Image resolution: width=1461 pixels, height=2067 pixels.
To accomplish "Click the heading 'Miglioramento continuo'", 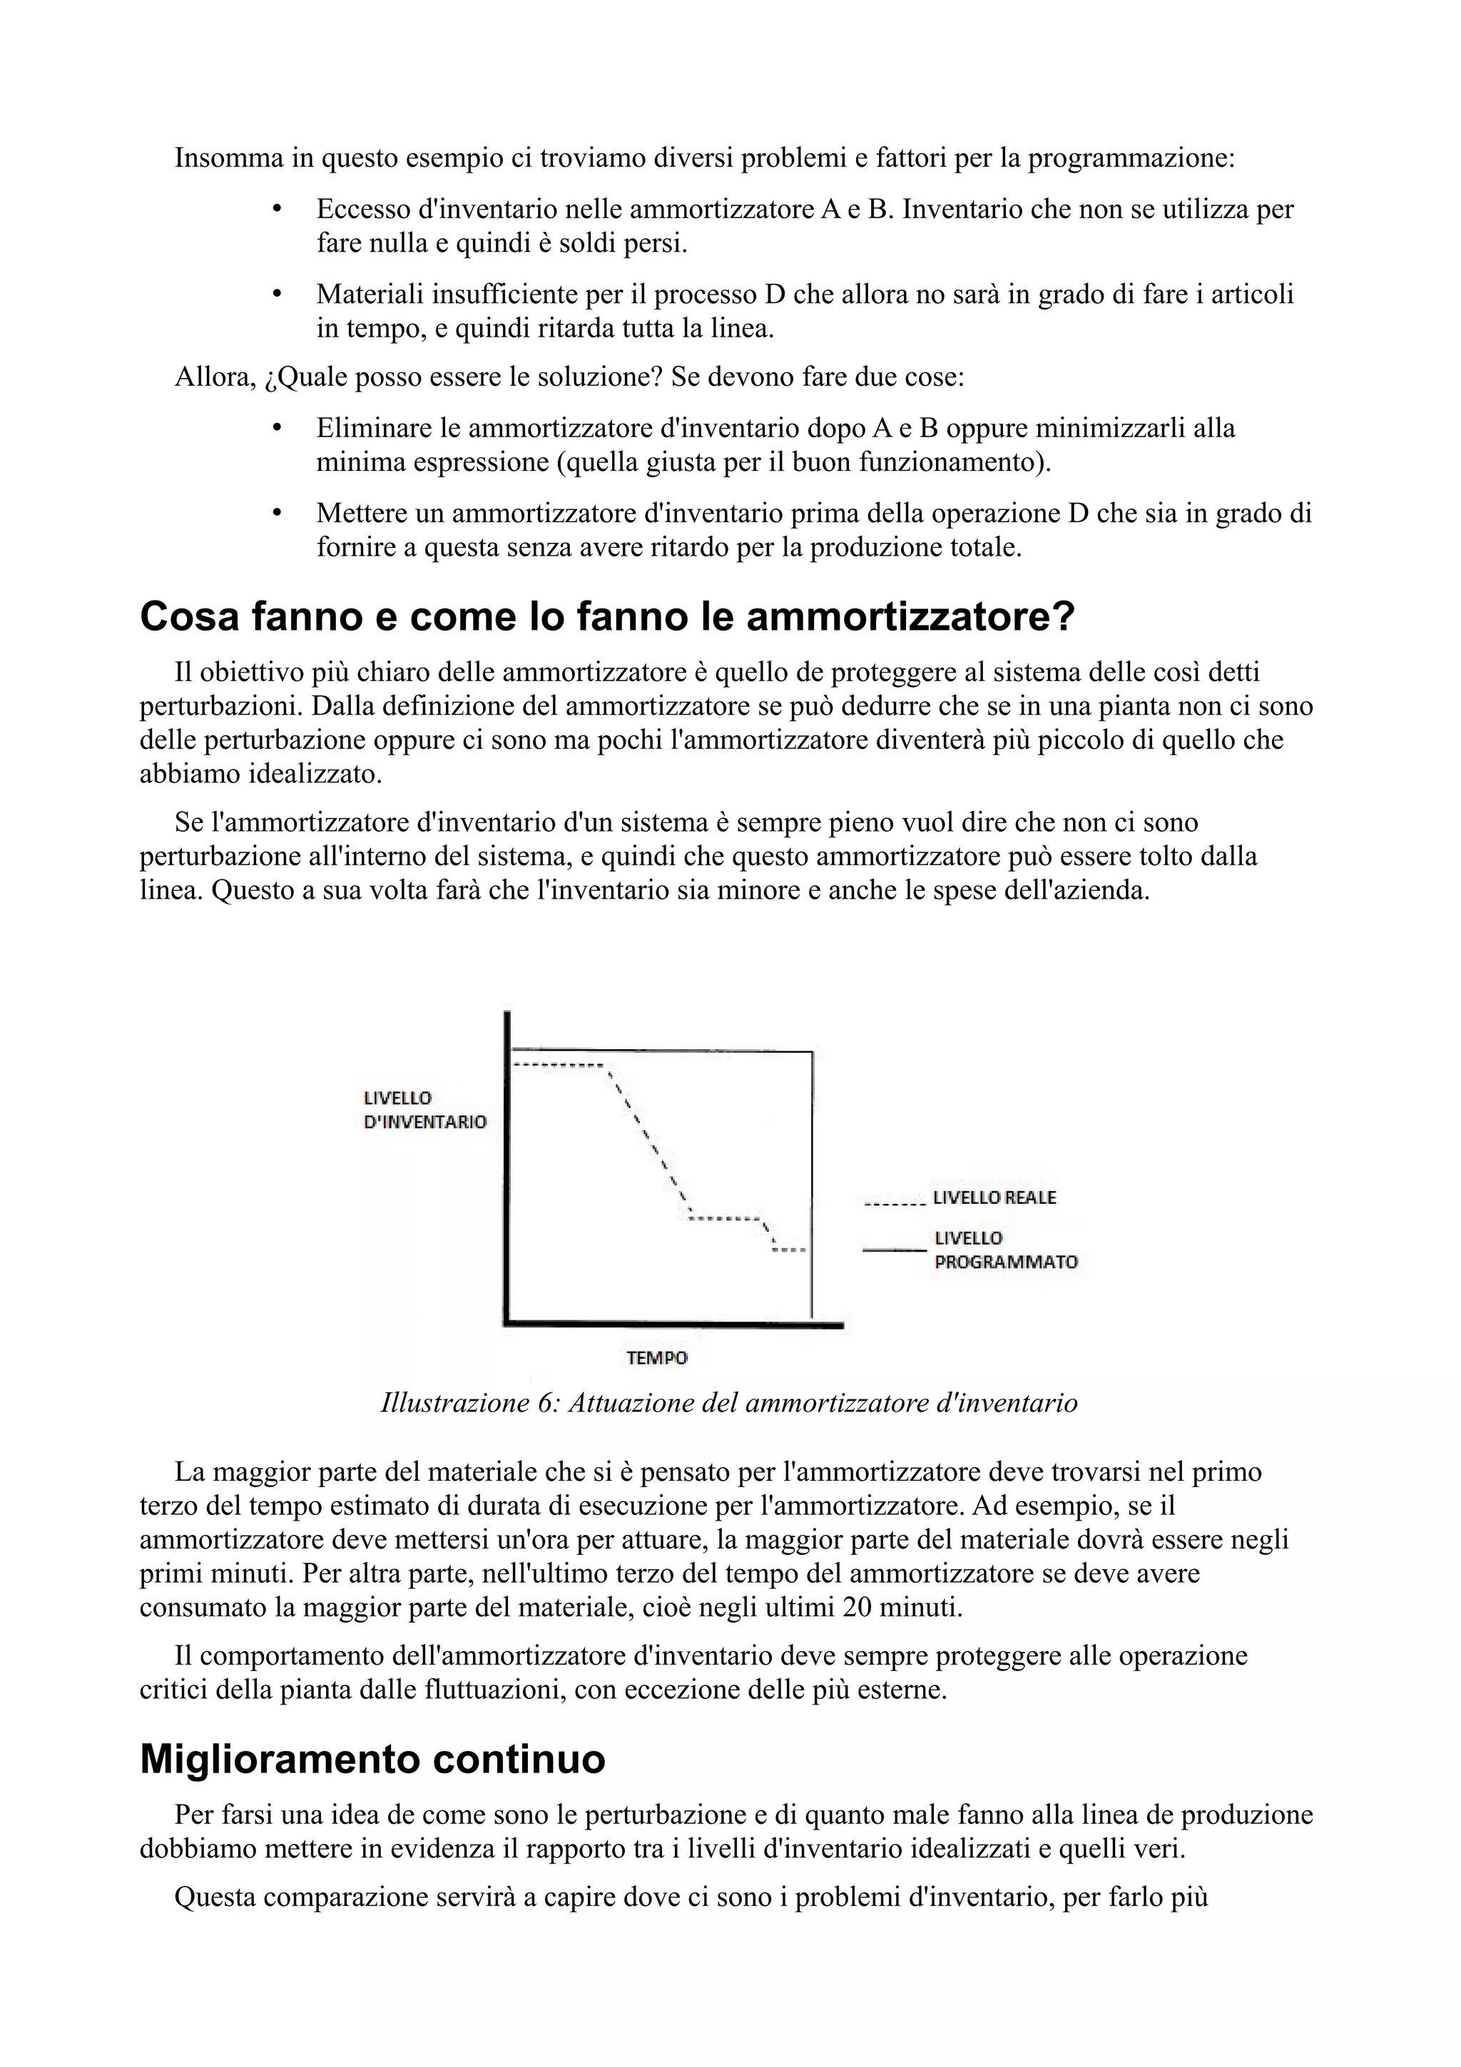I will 372,1759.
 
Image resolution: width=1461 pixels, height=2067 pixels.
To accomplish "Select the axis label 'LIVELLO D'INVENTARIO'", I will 424,1109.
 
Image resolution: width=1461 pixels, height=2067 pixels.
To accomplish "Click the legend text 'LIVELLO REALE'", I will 994,1198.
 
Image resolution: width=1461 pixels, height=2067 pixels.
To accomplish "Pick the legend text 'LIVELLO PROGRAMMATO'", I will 1004,1250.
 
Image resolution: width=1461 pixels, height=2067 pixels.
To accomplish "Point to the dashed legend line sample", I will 893,1203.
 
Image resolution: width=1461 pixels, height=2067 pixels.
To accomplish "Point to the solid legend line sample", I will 894,1250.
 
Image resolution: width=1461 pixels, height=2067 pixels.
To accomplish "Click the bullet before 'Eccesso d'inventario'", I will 278,210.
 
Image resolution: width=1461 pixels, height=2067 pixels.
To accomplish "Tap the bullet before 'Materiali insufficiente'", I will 278,295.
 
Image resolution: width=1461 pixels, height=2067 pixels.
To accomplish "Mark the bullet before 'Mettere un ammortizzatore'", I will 278,513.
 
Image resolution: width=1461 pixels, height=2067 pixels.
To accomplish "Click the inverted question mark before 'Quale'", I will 269,378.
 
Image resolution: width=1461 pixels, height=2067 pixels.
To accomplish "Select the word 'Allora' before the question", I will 213,377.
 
